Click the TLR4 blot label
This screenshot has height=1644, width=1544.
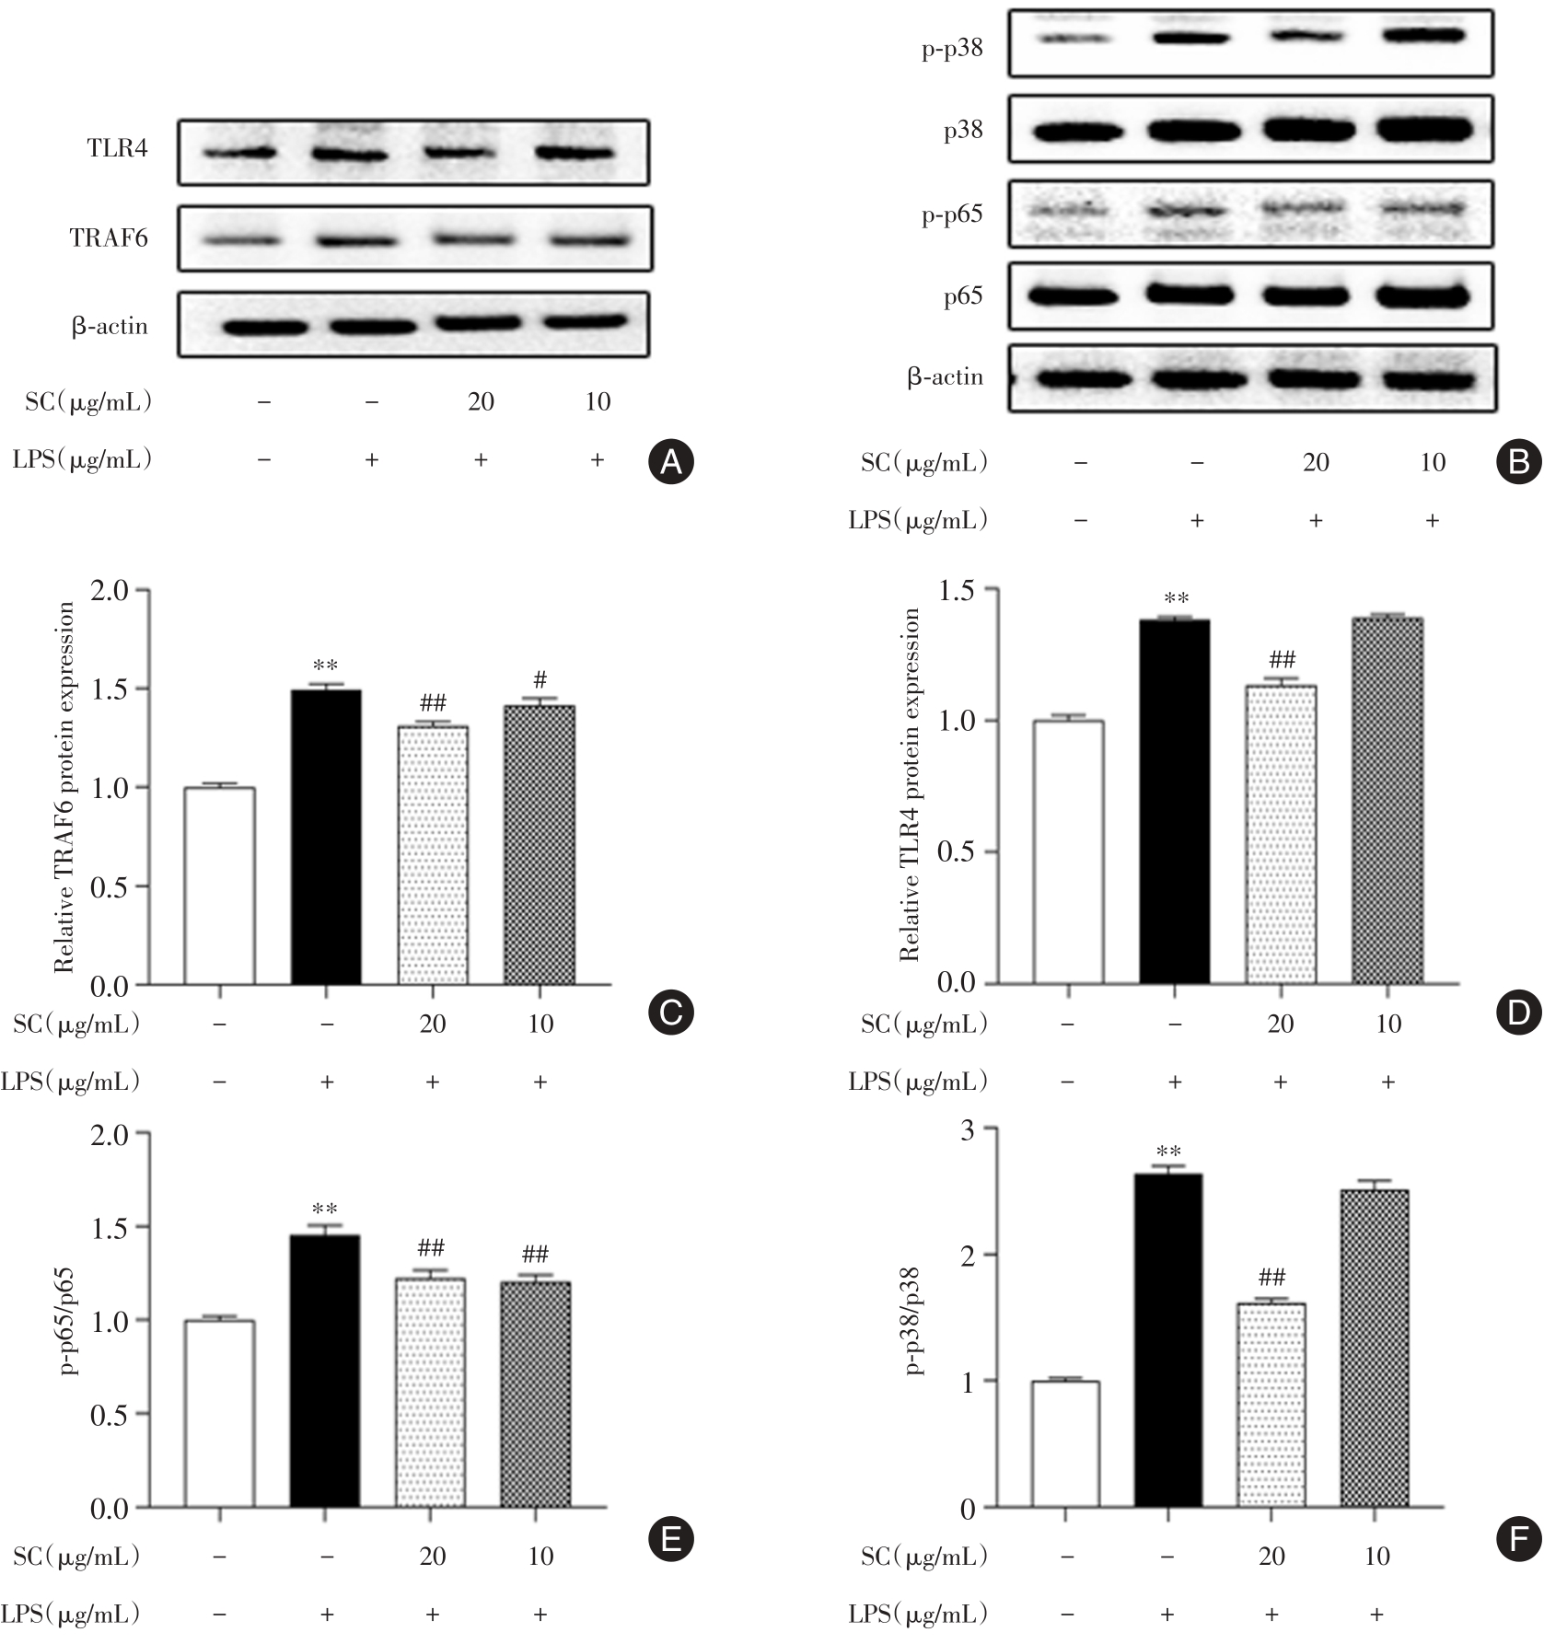117,149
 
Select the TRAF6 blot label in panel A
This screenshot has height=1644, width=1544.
109,238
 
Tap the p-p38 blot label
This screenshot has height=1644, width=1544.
952,49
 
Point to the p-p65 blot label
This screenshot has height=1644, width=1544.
952,214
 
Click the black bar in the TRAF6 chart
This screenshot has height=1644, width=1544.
326,837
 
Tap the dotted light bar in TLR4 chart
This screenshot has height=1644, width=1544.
1281,834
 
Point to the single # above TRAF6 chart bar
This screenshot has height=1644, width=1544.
540,680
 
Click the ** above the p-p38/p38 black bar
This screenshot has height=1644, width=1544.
1169,1152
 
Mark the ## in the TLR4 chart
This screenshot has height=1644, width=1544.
1282,659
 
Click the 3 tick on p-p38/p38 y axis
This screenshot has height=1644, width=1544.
966,1129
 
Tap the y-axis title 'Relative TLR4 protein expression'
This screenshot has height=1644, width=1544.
911,784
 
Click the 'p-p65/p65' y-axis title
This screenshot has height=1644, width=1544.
66,1320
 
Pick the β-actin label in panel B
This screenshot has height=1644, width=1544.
946,377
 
